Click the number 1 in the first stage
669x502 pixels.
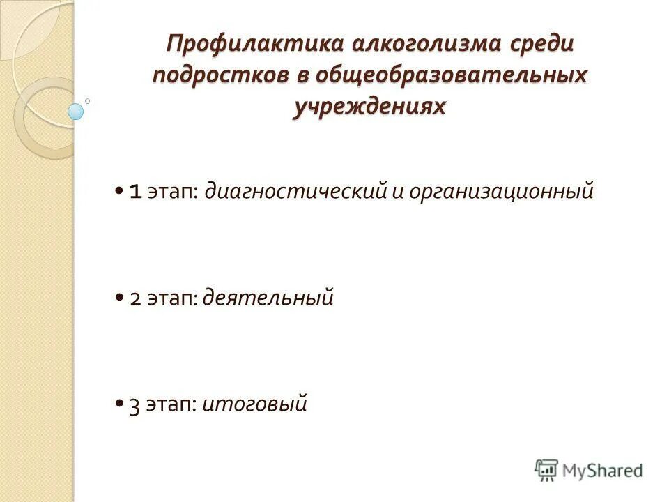click(136, 192)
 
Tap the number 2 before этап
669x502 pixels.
click(136, 299)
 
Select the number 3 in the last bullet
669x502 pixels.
click(136, 405)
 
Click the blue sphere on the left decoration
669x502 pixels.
click(76, 111)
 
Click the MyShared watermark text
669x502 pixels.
click(603, 471)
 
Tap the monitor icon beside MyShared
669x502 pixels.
click(547, 469)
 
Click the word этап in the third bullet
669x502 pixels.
click(171, 405)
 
